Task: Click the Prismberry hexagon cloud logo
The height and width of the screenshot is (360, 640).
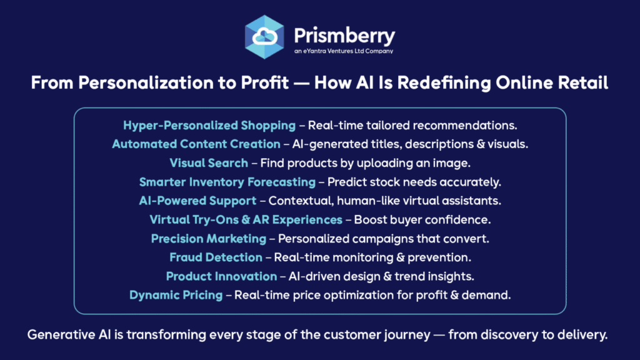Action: point(264,37)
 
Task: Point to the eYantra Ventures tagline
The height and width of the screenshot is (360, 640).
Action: point(344,51)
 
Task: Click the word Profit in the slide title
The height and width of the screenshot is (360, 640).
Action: point(265,83)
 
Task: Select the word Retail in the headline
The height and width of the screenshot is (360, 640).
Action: point(583,83)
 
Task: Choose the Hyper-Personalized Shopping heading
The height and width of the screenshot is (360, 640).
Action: point(209,126)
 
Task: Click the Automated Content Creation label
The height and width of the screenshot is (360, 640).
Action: point(196,144)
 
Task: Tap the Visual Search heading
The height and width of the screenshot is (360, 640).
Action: point(209,163)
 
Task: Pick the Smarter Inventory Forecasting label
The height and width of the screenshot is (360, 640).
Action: point(227,182)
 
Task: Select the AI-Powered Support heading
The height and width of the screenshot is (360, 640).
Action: point(197,201)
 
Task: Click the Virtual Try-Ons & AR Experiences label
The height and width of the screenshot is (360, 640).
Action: point(246,220)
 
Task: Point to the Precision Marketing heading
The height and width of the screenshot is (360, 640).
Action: point(209,239)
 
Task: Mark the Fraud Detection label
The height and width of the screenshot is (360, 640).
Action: point(216,257)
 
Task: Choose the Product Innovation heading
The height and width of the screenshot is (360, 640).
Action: point(222,276)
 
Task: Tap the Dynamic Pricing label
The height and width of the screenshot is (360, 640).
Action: point(176,295)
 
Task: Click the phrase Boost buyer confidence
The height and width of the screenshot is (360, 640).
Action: point(422,220)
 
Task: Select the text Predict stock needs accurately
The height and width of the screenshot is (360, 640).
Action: point(414,182)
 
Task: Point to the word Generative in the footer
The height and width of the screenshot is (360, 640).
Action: point(61,335)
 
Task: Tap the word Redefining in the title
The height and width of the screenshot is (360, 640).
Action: point(444,83)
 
